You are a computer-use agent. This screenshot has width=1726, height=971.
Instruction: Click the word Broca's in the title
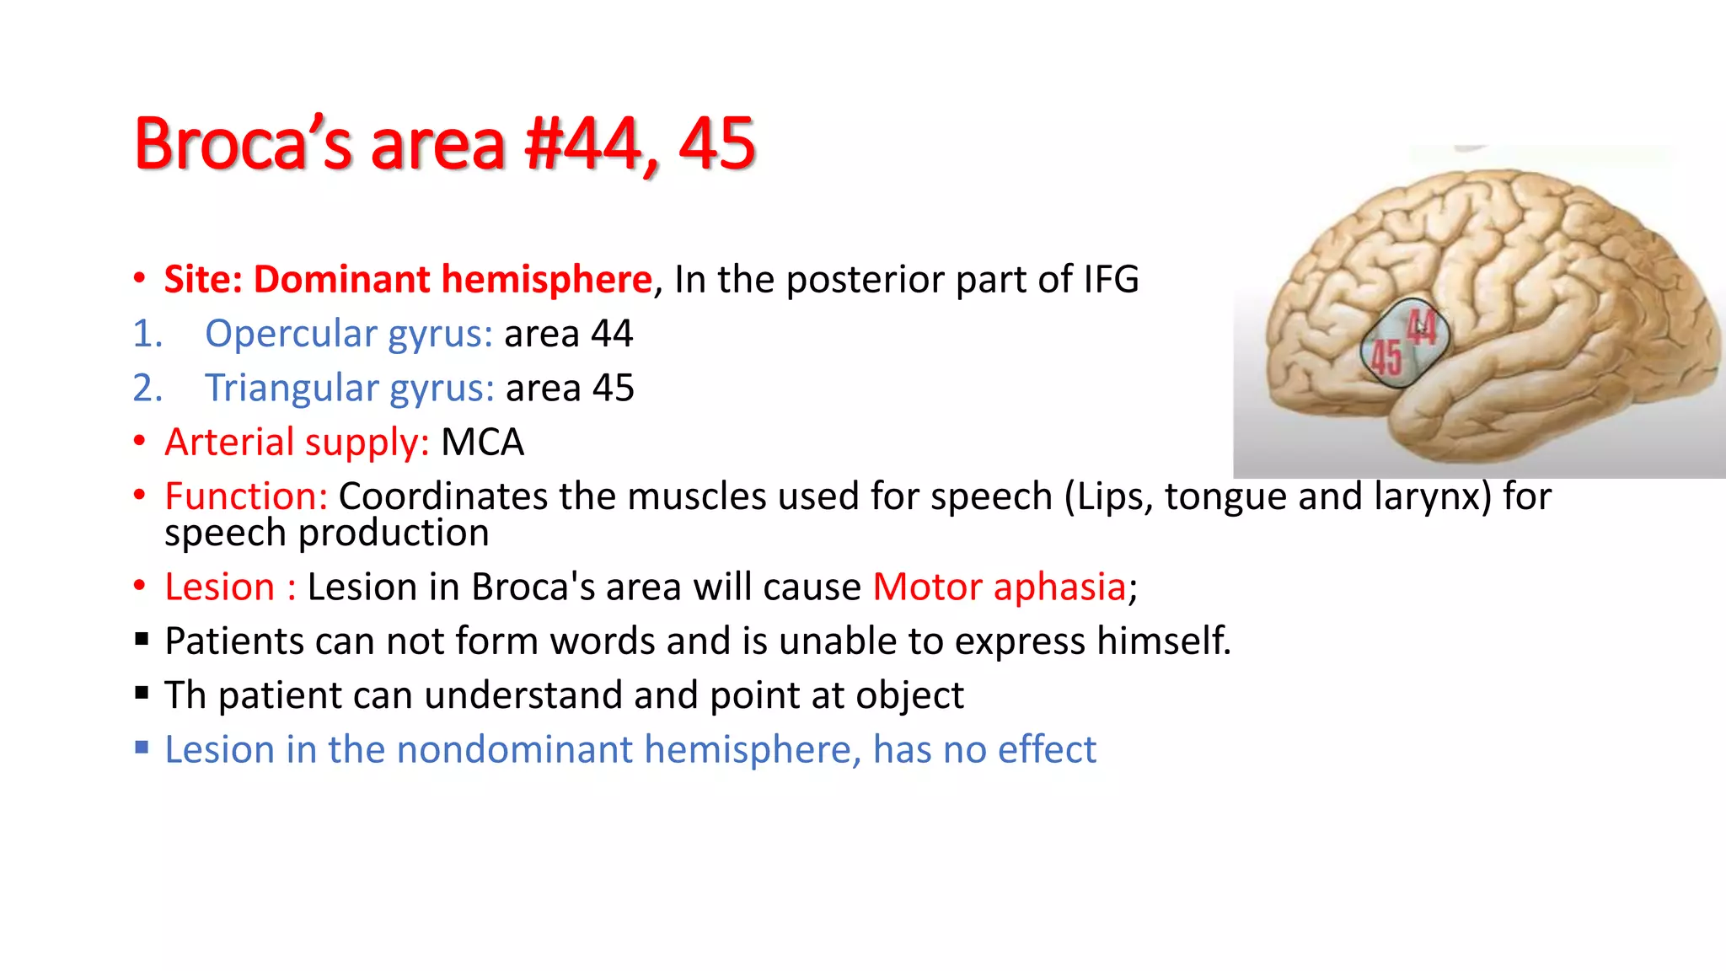(243, 144)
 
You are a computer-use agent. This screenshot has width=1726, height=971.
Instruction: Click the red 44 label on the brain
(1421, 327)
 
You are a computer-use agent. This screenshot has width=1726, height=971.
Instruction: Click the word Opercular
(291, 334)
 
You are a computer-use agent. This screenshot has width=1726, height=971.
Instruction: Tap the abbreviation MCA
(482, 443)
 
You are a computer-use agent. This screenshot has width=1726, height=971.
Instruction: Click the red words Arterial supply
(297, 443)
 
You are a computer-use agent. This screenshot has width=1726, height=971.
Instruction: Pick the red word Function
(245, 496)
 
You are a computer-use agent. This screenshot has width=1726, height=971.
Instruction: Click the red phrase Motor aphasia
(1000, 587)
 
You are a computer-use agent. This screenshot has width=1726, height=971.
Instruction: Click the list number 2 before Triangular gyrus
(147, 389)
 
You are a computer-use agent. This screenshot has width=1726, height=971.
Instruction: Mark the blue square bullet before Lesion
(142, 748)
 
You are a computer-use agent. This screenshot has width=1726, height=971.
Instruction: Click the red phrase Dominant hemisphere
(453, 280)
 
